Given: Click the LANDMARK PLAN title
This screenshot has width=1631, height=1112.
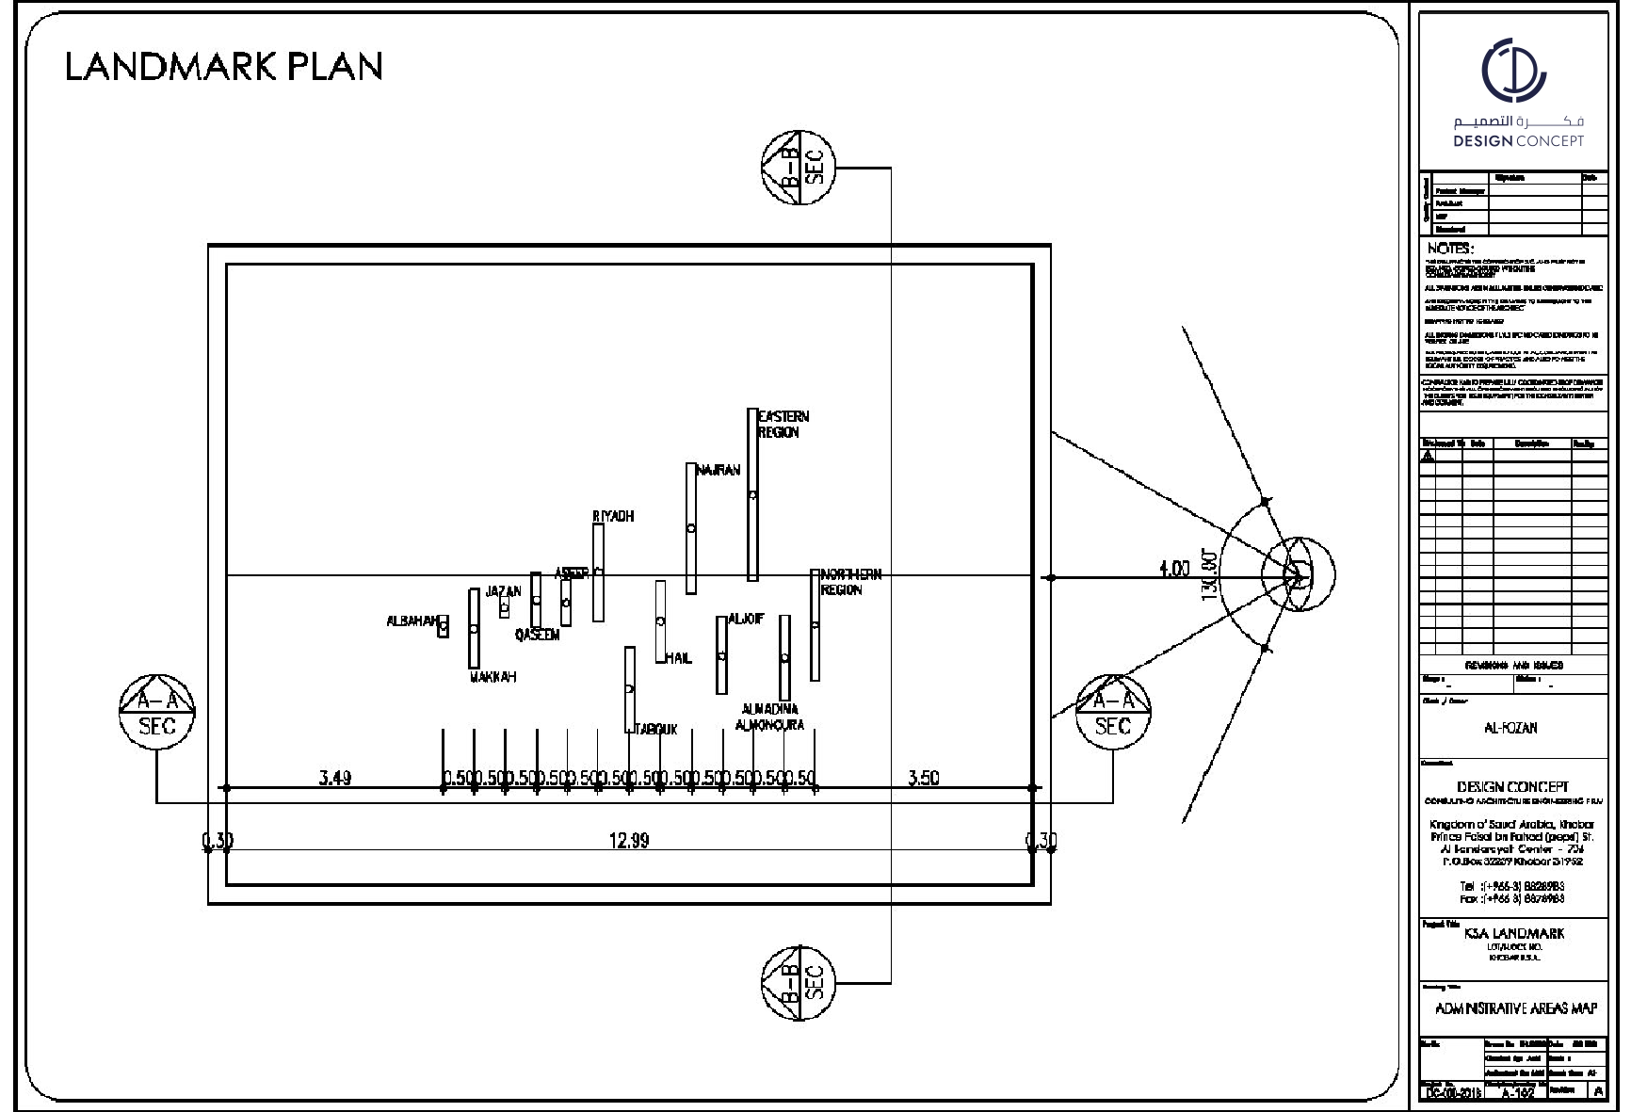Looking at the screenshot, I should pyautogui.click(x=224, y=67).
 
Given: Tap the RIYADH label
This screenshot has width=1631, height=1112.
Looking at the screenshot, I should pyautogui.click(x=613, y=516).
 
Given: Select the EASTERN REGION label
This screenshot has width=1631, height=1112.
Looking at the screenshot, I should pyautogui.click(x=783, y=424).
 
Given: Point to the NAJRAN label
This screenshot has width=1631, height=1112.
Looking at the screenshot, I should pyautogui.click(x=719, y=470).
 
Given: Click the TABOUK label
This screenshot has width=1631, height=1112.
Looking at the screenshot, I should pyautogui.click(x=655, y=729).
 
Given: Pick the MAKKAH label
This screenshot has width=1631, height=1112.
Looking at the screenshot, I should pyautogui.click(x=493, y=677).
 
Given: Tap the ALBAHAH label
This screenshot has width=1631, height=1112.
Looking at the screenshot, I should pyautogui.click(x=412, y=621).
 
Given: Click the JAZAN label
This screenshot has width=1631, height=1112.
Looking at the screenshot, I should pyautogui.click(x=503, y=591).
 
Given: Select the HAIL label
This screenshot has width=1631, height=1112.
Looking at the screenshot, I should pyautogui.click(x=678, y=658).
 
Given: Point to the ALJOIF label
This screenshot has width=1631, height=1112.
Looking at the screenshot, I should pyautogui.click(x=746, y=619).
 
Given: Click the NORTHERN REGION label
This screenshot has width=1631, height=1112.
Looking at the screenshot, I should pyautogui.click(x=851, y=582).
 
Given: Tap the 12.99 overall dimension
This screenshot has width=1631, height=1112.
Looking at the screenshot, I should pyautogui.click(x=628, y=841).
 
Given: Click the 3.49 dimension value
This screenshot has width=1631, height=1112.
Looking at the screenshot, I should pyautogui.click(x=335, y=778).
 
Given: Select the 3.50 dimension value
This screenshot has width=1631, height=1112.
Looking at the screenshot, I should pyautogui.click(x=923, y=778).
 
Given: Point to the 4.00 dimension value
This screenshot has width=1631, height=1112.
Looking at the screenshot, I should pyautogui.click(x=1174, y=569).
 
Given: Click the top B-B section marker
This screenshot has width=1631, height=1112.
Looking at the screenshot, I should pyautogui.click(x=799, y=167).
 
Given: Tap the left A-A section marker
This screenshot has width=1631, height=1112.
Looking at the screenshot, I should pyautogui.click(x=157, y=712).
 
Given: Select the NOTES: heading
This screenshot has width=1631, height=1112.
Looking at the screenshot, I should pyautogui.click(x=1450, y=249).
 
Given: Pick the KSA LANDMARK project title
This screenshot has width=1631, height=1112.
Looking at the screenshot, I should pyautogui.click(x=1513, y=933).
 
